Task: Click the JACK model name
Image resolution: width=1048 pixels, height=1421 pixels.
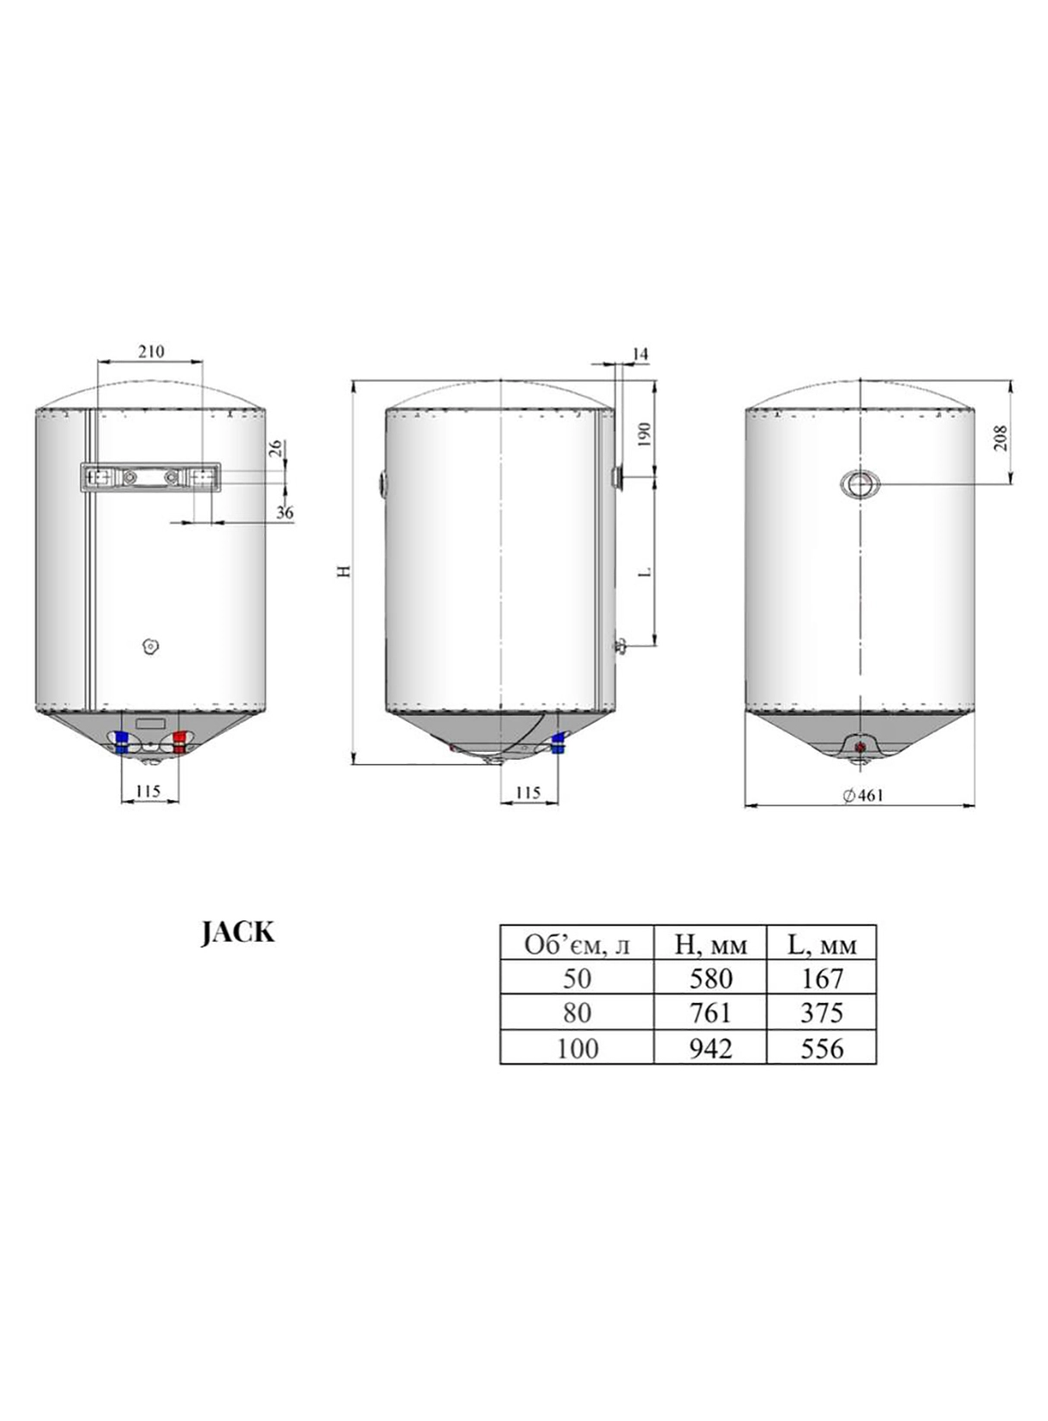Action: click(x=238, y=932)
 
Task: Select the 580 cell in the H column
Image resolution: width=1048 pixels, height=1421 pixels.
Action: click(x=710, y=978)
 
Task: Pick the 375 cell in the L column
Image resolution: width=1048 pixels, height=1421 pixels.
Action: click(x=822, y=1014)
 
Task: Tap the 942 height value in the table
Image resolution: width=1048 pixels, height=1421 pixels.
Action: click(x=710, y=1048)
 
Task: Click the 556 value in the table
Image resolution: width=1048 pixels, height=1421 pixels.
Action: click(x=822, y=1048)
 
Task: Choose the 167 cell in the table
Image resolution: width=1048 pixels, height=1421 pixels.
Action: click(x=822, y=978)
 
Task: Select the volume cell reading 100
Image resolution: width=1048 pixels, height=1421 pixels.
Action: click(x=578, y=1048)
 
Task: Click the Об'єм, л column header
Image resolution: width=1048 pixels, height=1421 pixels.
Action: click(x=578, y=945)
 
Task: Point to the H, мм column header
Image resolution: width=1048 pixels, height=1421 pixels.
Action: click(x=710, y=945)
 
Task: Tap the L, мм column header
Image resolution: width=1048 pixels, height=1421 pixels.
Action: click(x=822, y=945)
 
